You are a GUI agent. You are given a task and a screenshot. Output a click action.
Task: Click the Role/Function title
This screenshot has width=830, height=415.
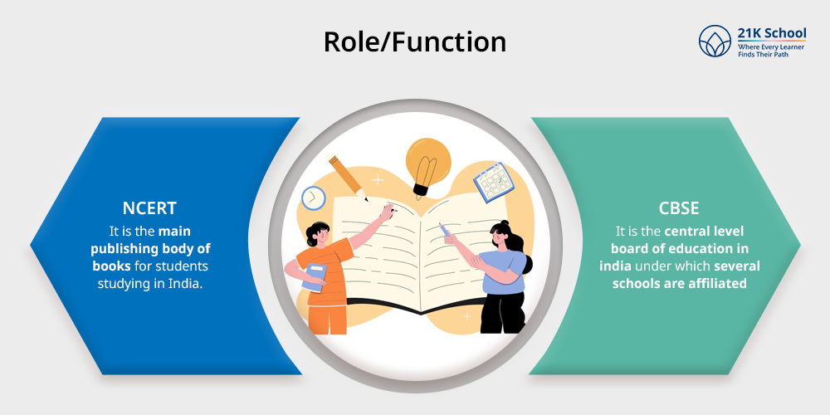pos(414,41)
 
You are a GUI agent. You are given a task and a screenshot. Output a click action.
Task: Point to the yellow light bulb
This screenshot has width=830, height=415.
pos(427,162)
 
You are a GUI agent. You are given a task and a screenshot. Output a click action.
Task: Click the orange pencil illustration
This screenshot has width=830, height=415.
pos(349,176)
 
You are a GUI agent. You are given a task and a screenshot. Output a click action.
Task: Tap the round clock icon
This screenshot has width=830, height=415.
pos(313,198)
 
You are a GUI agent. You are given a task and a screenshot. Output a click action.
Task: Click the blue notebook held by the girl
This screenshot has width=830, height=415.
pos(313,277)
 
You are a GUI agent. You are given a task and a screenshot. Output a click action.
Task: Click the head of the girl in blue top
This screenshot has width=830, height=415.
pos(504,234)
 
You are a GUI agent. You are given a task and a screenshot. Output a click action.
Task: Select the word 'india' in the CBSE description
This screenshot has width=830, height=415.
pos(619,266)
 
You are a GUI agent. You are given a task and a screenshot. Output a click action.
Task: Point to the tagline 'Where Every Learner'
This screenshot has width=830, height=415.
pos(771,47)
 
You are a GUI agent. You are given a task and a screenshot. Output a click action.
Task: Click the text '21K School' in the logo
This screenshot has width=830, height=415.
pos(772,33)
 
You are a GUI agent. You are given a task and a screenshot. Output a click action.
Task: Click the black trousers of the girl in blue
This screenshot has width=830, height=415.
pos(501,311)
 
